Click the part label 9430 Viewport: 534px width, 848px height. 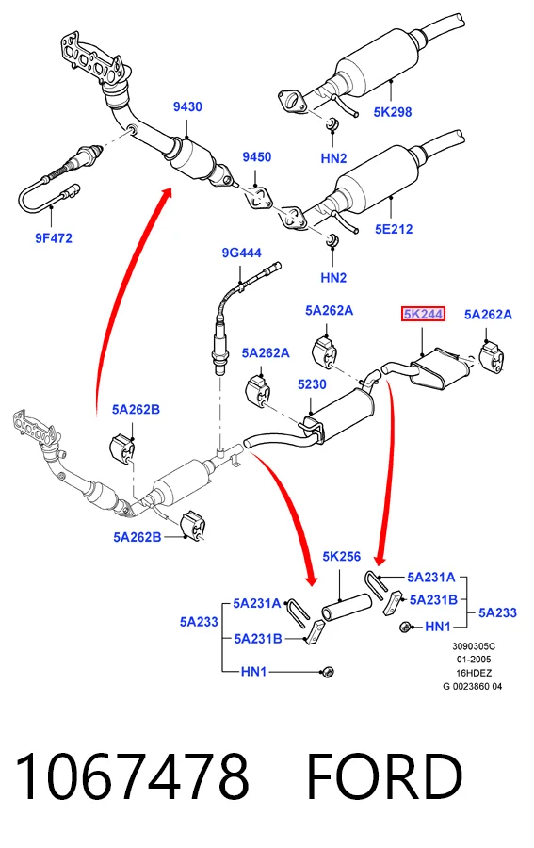point(187,106)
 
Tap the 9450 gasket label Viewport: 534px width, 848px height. point(257,156)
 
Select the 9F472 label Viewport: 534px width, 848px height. point(54,238)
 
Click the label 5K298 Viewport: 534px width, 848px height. point(393,112)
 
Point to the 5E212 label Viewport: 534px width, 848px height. point(394,229)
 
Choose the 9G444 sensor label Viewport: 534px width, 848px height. point(242,253)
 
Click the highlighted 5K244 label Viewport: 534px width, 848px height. point(423,314)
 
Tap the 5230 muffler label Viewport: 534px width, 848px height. point(312,384)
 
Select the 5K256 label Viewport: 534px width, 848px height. point(342,557)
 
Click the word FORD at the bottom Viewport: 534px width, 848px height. point(385,777)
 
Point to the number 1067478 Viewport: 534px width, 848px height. point(133,777)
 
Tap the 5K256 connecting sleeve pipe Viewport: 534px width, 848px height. point(347,607)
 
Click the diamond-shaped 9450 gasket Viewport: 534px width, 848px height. point(256,197)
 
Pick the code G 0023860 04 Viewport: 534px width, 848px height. point(473,686)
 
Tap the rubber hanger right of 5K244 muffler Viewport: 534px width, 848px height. point(494,356)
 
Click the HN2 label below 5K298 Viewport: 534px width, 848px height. point(333,158)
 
